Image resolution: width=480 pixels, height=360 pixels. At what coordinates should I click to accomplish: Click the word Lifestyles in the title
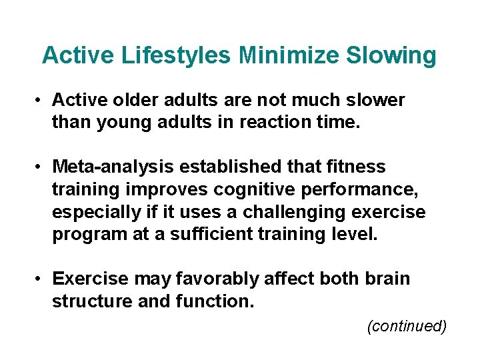(176, 55)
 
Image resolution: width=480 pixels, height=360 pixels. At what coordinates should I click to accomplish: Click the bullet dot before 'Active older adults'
(41, 101)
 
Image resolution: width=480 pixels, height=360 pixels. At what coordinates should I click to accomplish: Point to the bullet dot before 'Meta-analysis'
(41, 166)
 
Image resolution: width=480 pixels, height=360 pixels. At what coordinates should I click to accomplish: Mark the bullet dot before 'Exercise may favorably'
(41, 279)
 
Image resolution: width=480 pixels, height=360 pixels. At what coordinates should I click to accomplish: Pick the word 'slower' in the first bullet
(373, 100)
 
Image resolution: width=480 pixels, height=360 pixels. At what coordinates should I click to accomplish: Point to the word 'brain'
(387, 278)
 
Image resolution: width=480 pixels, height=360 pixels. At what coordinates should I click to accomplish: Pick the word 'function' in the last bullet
(214, 301)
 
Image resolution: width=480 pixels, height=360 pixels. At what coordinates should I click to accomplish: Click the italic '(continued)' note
(406, 326)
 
